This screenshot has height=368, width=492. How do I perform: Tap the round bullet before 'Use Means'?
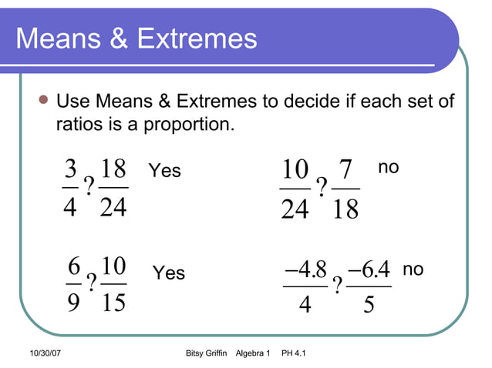43,101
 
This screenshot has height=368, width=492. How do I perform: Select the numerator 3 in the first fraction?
71,169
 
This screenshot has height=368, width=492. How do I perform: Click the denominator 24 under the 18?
113,207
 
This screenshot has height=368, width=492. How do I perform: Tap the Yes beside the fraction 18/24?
164,170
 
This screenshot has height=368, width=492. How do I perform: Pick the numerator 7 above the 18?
345,170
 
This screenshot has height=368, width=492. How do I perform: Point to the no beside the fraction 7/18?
389,167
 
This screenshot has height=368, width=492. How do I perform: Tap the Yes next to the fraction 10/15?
169,273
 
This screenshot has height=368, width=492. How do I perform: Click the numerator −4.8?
305,269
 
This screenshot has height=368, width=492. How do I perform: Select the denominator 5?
369,306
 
